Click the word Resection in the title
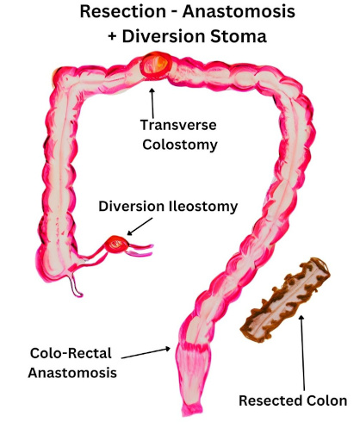[x=122, y=12]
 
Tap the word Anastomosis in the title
[x=239, y=12]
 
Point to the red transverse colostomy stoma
[x=156, y=65]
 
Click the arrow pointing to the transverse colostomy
[x=152, y=103]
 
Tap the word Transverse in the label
[x=178, y=125]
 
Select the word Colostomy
[x=180, y=145]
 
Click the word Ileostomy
[x=203, y=207]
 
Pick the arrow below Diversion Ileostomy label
[x=140, y=226]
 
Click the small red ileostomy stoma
[x=116, y=244]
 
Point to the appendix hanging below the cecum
[x=75, y=285]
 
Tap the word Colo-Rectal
[x=71, y=353]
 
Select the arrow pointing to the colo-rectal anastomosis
[x=146, y=353]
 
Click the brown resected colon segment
[x=286, y=301]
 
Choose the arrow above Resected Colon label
[x=302, y=353]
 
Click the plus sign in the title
[x=112, y=37]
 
